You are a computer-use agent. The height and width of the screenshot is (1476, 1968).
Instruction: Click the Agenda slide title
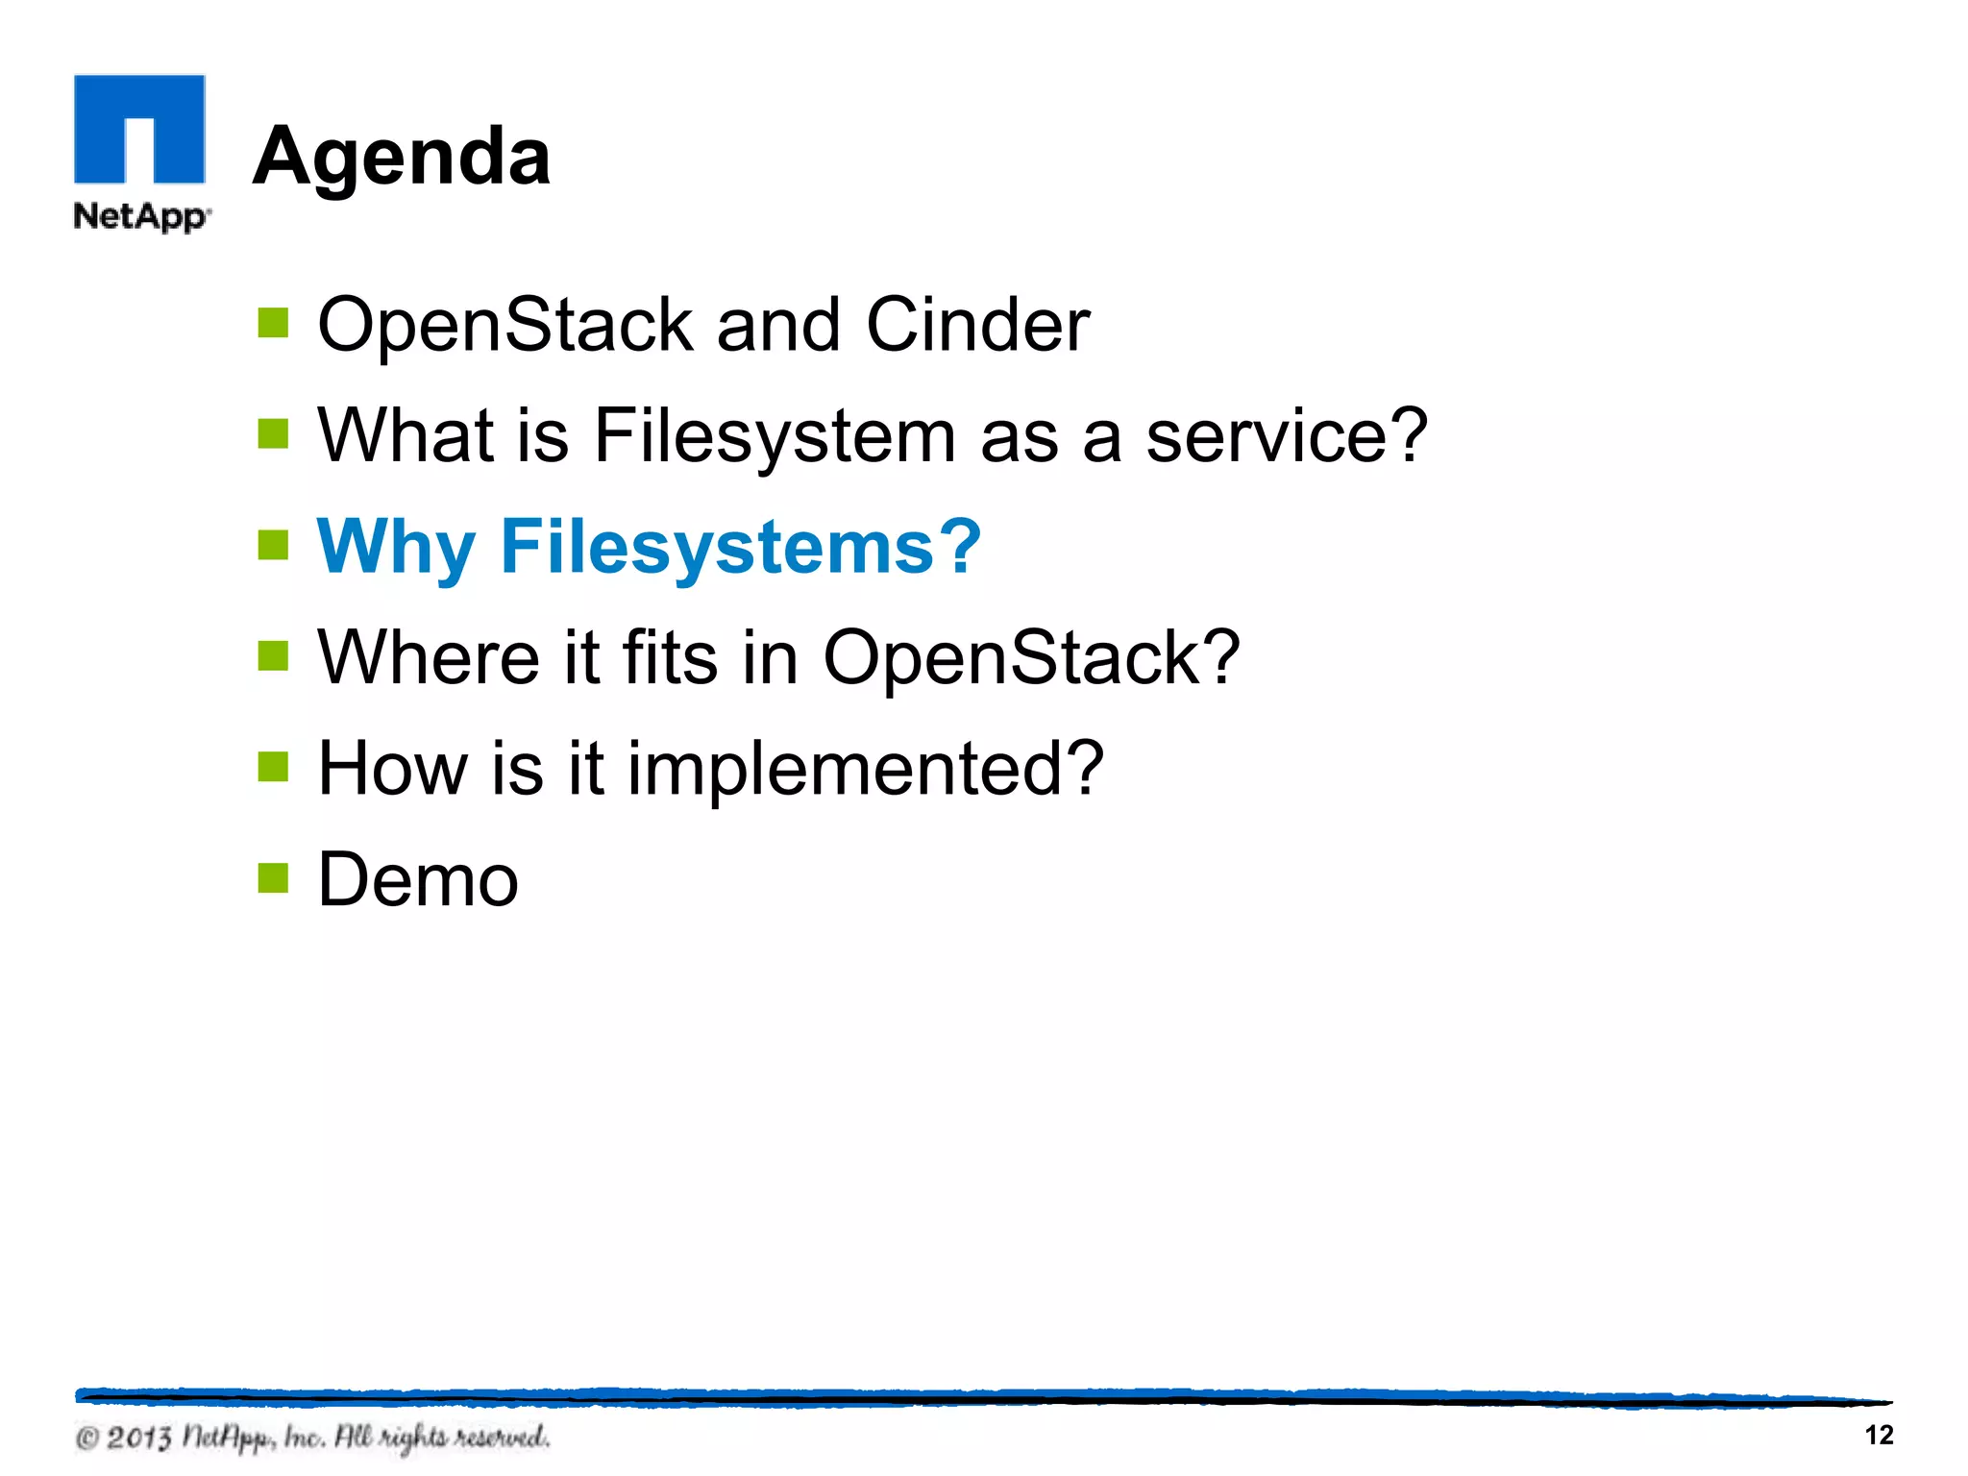click(x=402, y=157)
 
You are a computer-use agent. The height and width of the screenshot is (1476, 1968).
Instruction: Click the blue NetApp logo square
click(x=139, y=129)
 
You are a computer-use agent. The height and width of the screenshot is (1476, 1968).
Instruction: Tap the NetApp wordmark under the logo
click(x=140, y=216)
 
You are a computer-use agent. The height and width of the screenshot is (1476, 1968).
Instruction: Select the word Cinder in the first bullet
click(x=977, y=325)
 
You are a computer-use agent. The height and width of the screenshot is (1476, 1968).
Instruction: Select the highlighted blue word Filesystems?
click(x=740, y=547)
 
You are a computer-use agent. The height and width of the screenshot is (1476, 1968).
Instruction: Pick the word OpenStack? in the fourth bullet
click(x=1031, y=657)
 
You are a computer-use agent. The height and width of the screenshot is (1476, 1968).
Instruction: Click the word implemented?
click(x=865, y=770)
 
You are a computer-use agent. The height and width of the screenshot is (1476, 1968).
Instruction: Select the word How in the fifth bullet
click(x=392, y=769)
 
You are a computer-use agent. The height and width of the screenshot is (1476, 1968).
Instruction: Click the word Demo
click(x=418, y=880)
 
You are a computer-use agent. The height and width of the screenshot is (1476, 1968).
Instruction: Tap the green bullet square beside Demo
click(x=273, y=877)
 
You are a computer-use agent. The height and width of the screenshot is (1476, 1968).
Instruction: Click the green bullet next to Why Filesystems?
click(x=273, y=545)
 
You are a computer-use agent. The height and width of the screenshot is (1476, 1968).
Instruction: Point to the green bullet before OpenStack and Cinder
click(x=273, y=323)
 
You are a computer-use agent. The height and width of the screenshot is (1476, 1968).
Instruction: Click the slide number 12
click(x=1878, y=1435)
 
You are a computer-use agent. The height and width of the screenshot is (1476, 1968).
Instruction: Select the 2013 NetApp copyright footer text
click(x=313, y=1438)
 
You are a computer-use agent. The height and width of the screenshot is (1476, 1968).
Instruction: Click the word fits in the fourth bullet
click(x=670, y=657)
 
